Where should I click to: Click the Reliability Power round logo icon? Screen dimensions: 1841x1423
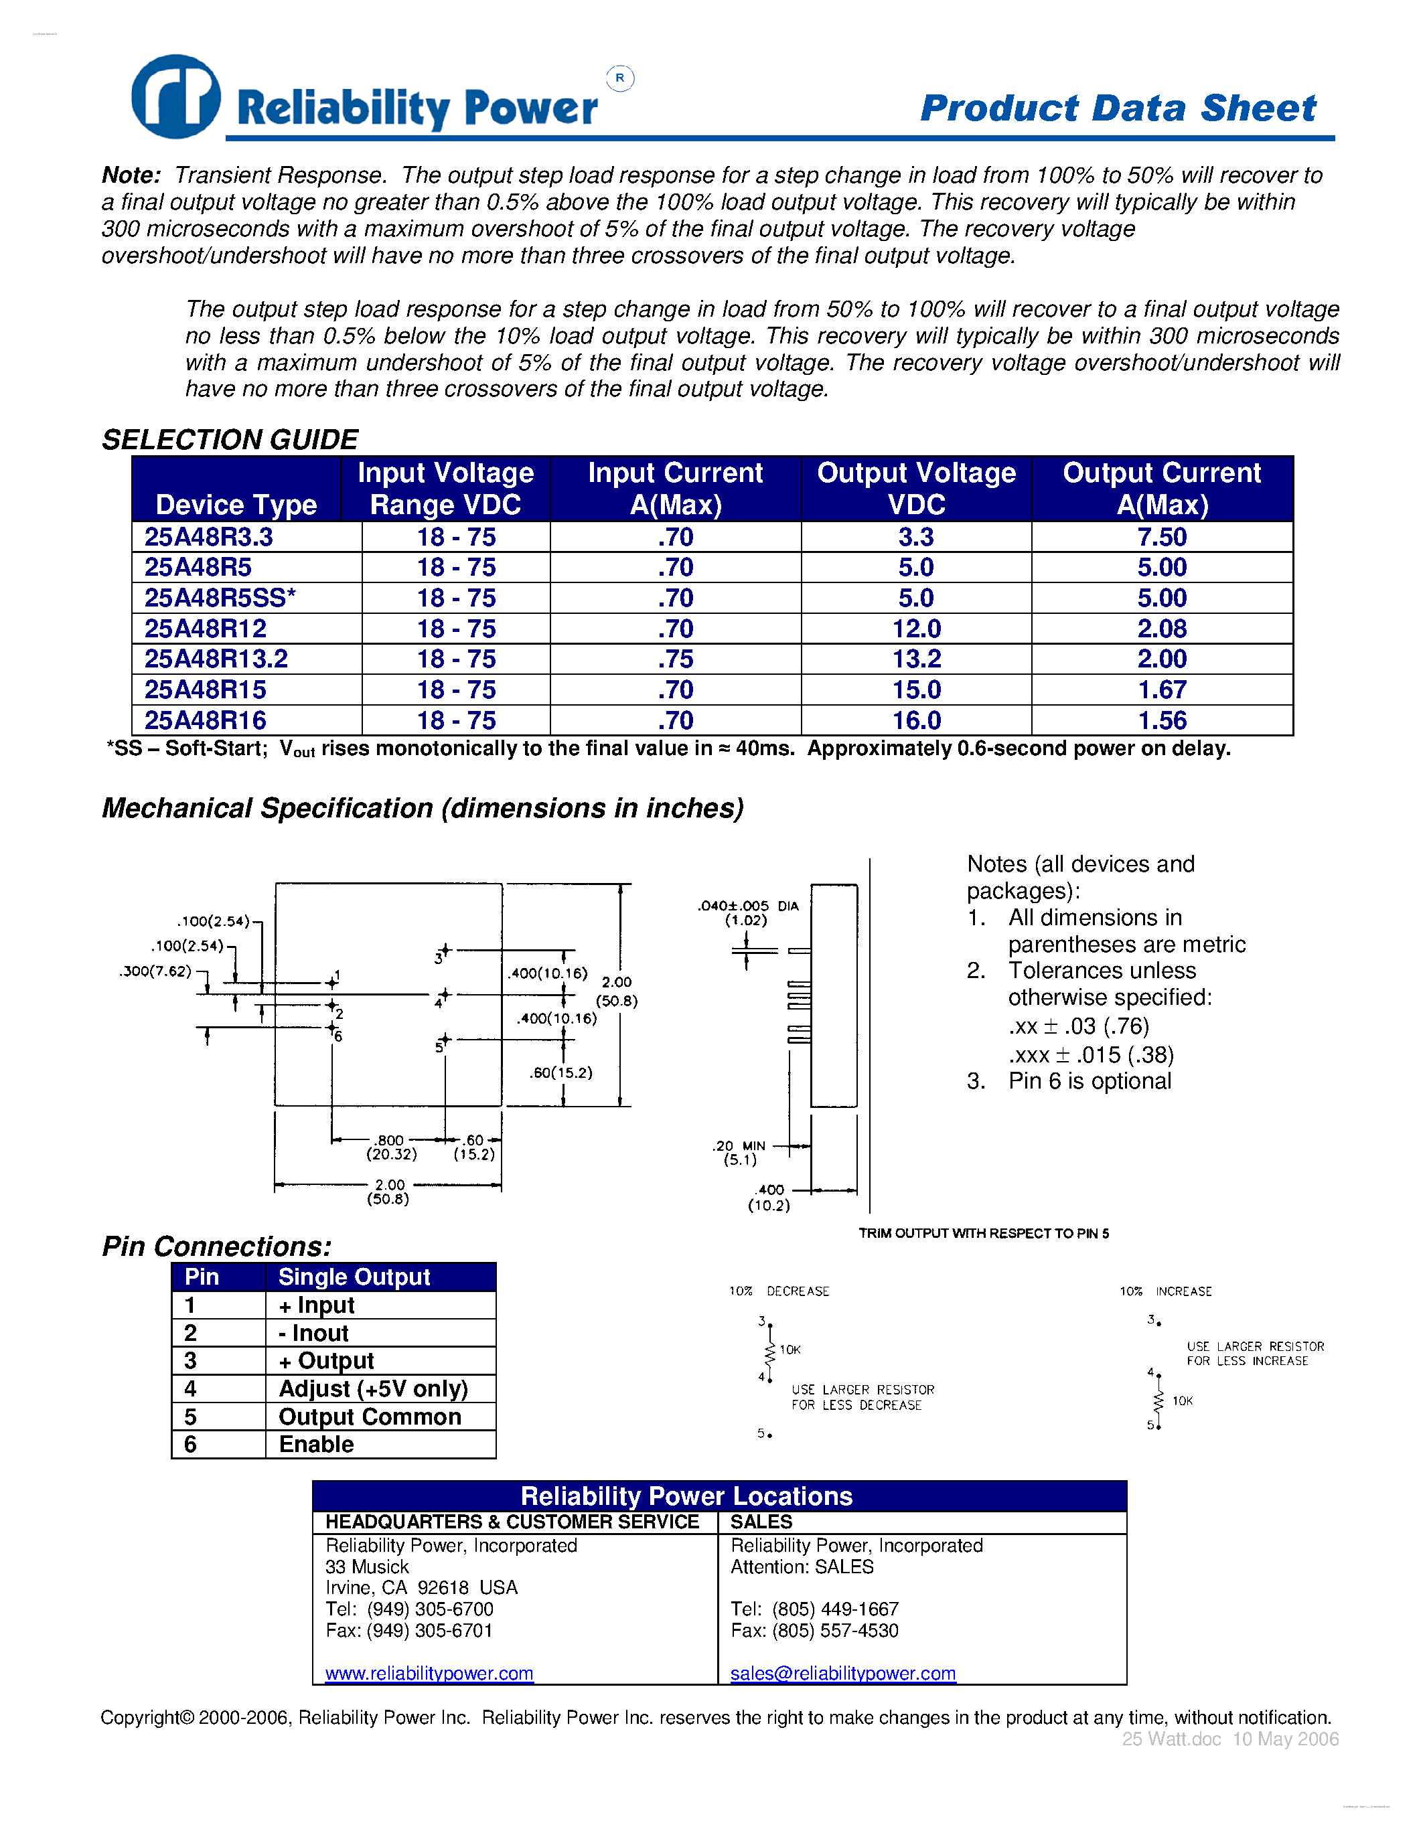175,97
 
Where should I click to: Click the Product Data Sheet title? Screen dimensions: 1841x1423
1117,108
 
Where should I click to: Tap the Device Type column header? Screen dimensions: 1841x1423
236,504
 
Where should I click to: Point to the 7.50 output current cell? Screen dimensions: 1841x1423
1162,537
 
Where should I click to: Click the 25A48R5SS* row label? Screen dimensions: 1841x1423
220,598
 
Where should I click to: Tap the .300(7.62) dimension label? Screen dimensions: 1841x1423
156,971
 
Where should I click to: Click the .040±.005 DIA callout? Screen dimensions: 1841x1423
747,912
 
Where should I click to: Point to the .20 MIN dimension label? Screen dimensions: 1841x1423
739,1151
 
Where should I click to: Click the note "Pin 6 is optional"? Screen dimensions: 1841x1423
1089,1080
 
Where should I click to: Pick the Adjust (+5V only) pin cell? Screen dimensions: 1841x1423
372,1388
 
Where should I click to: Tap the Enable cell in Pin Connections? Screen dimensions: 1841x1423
316,1444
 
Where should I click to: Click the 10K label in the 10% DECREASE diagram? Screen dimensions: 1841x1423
790,1350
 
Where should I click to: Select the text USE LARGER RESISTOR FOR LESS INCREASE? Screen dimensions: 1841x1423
1254,1353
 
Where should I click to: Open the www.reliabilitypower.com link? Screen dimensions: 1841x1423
429,1672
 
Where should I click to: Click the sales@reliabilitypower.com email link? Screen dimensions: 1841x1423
842,1672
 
